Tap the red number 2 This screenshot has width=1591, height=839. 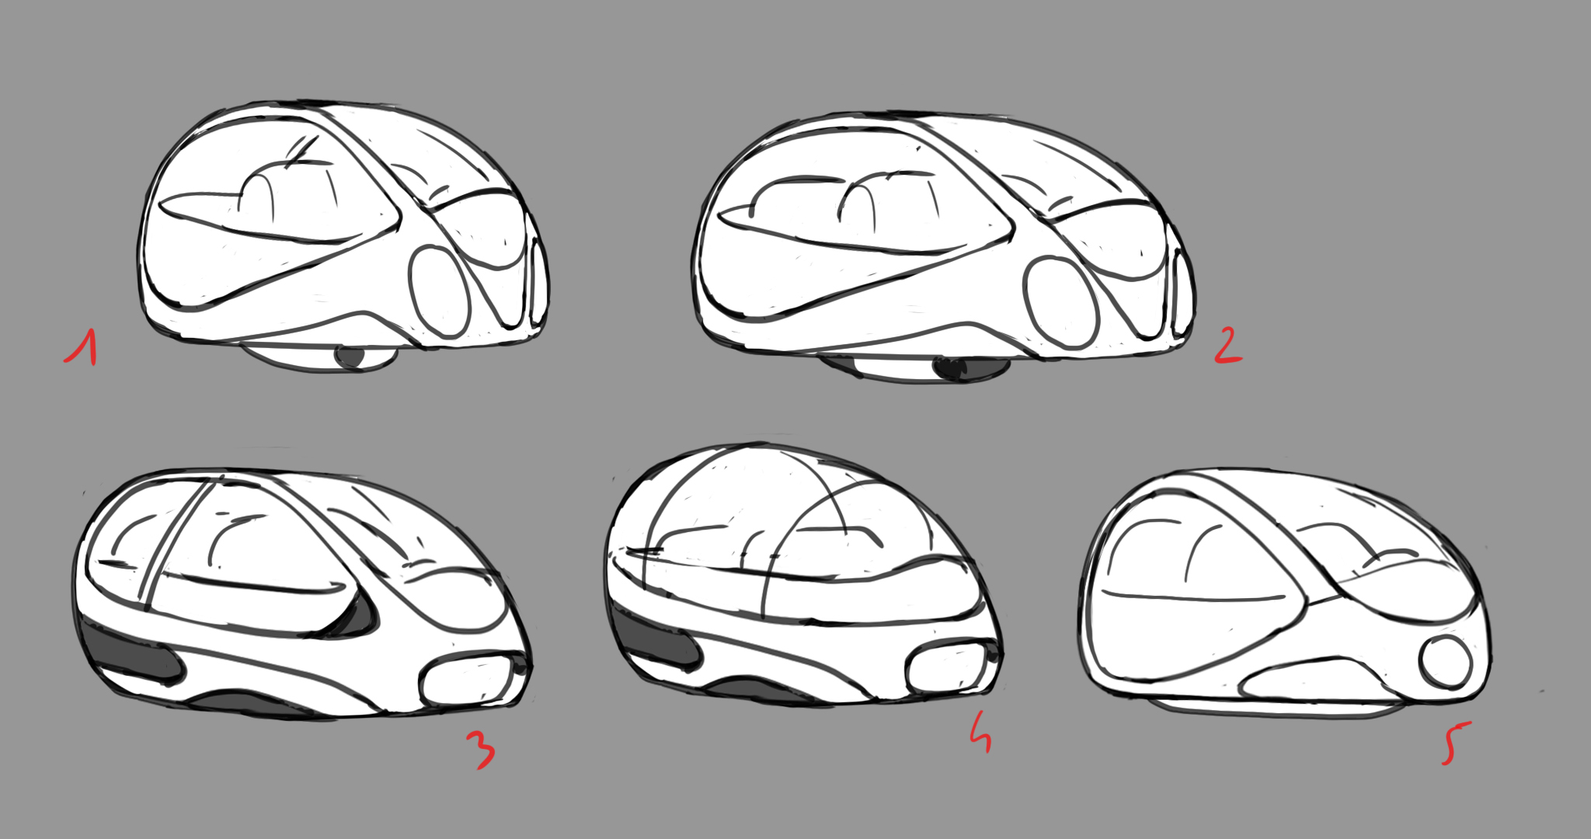tap(1228, 346)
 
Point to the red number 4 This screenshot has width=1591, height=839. tap(981, 733)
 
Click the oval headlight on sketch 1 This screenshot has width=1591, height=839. tap(440, 291)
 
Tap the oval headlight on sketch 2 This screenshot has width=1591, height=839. tap(1060, 302)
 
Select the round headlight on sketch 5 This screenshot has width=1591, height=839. tap(1446, 662)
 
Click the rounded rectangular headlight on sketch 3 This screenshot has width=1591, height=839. tap(467, 681)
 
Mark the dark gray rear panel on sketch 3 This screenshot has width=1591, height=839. tap(131, 651)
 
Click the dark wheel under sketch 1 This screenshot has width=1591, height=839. tap(350, 357)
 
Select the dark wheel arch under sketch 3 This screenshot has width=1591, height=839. tap(252, 704)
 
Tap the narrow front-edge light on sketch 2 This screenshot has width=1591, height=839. tap(1181, 292)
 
